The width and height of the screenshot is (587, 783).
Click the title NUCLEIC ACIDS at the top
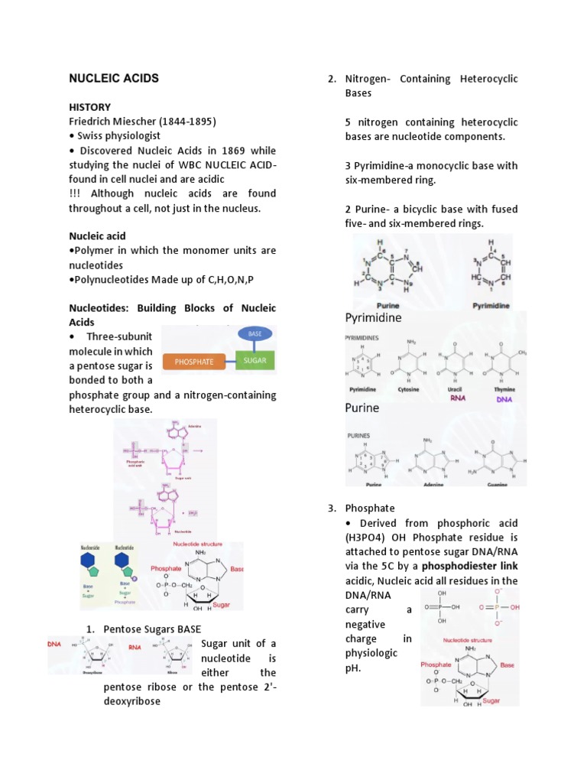click(x=114, y=78)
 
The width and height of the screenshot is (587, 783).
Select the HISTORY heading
click(x=89, y=107)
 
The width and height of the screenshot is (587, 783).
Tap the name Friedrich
click(x=92, y=122)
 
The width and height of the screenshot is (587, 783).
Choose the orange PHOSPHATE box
click(x=194, y=362)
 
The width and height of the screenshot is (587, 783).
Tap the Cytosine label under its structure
click(x=410, y=388)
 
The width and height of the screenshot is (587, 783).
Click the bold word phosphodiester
click(x=459, y=567)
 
